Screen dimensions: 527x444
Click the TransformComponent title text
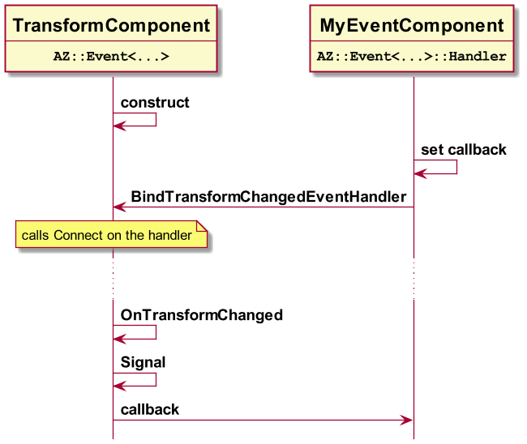click(111, 26)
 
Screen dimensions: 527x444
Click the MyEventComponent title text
click(412, 26)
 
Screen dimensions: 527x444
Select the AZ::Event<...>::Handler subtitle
click(412, 56)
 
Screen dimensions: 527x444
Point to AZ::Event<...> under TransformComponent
click(111, 56)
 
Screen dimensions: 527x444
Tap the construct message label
click(155, 102)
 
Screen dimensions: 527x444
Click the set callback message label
click(464, 150)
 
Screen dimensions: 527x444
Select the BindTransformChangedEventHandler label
click(268, 197)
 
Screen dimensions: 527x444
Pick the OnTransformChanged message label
click(202, 315)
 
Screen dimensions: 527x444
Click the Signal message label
click(144, 362)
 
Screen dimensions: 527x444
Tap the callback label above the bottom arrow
click(150, 410)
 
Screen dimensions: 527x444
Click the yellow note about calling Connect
click(111, 234)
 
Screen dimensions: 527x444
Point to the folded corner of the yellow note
click(202, 226)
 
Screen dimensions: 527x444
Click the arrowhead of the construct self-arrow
click(119, 126)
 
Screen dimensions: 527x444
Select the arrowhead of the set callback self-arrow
click(420, 173)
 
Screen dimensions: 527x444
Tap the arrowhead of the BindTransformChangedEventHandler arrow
click(119, 207)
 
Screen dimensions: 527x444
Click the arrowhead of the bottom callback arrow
click(406, 420)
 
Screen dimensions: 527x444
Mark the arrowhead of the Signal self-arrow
click(119, 386)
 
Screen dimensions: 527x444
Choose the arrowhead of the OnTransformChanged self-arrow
click(119, 339)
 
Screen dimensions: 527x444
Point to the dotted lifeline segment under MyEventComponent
click(413, 279)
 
